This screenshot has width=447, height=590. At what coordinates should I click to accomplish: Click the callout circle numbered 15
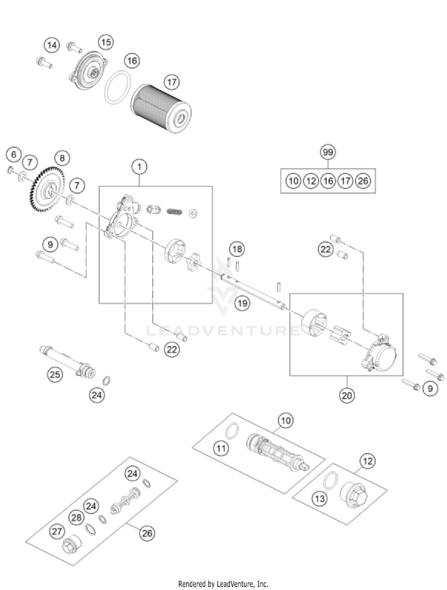click(106, 42)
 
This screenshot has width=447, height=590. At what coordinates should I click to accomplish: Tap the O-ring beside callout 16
click(118, 87)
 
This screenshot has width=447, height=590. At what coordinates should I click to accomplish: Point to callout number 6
click(13, 155)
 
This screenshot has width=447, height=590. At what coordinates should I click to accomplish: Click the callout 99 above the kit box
click(328, 152)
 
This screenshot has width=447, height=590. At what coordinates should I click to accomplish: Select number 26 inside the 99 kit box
click(363, 181)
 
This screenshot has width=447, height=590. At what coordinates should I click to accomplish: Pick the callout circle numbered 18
click(237, 249)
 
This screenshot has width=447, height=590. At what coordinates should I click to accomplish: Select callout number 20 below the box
click(347, 396)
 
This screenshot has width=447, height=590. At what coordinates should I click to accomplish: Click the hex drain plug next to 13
click(354, 496)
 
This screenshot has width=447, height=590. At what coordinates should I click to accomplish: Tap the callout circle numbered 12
click(368, 461)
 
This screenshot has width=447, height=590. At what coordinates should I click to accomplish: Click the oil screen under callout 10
click(277, 453)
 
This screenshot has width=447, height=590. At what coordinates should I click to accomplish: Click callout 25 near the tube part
click(55, 374)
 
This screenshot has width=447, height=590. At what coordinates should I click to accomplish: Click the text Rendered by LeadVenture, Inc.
click(223, 584)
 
